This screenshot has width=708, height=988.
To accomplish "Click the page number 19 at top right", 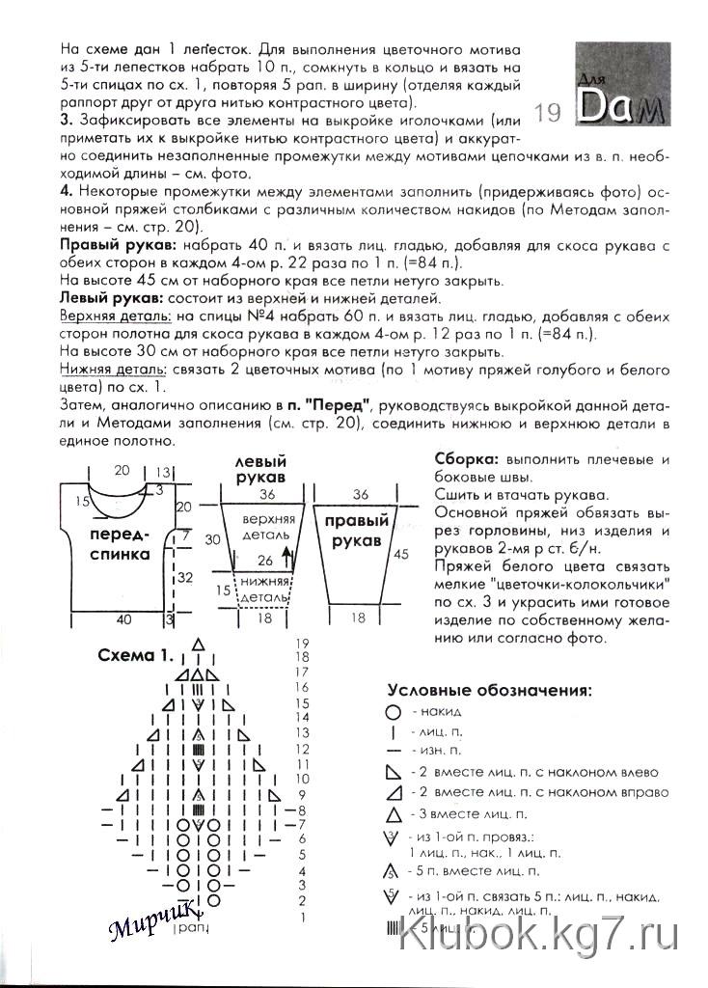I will pyautogui.click(x=546, y=115).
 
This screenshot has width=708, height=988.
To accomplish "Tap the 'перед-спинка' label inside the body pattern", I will pyautogui.click(x=120, y=544).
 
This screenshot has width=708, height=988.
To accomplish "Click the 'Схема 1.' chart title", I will pyautogui.click(x=136, y=656).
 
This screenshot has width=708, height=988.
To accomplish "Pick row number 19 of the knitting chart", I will pyautogui.click(x=301, y=643).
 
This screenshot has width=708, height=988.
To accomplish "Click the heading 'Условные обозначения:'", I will pyautogui.click(x=489, y=690).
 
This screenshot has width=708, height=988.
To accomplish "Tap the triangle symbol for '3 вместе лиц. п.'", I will pyautogui.click(x=393, y=814).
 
